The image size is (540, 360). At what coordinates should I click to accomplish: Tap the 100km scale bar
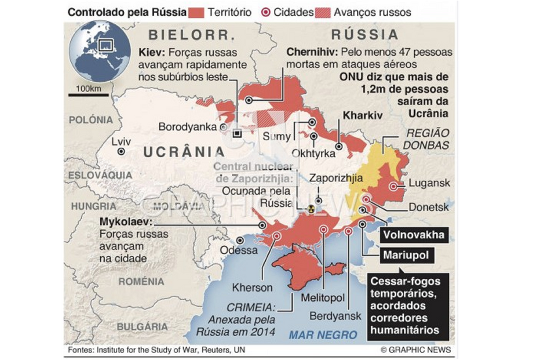coord(89,94)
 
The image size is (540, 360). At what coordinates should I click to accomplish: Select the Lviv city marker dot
coord(121,151)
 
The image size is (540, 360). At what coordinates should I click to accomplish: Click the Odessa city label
coord(239,250)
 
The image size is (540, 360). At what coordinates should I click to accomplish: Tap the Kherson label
coord(252,288)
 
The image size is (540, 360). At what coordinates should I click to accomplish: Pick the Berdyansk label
coord(335,316)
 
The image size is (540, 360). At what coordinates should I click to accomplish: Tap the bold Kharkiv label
coord(363,116)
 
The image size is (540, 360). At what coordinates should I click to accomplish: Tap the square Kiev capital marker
coord(237,134)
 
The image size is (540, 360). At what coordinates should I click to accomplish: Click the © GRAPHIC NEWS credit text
coord(415,350)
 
